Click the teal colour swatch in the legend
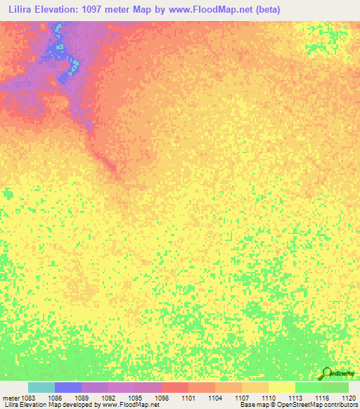click(41, 387)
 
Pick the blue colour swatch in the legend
click(68, 387)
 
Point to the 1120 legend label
click(349, 398)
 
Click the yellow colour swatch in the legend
click(281, 387)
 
